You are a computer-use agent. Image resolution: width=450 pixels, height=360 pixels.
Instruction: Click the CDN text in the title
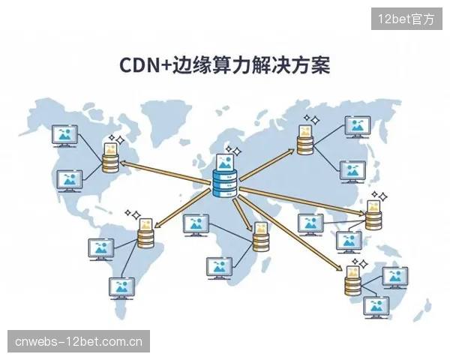(139, 65)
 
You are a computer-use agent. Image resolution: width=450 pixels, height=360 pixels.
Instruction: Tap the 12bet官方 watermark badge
(406, 19)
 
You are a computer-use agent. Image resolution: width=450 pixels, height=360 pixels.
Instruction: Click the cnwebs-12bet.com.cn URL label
(79, 341)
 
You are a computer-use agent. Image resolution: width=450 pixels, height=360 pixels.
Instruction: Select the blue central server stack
(225, 183)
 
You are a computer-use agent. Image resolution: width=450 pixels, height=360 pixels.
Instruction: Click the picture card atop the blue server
(225, 162)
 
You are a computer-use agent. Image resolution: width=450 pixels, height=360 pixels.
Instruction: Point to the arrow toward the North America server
(166, 172)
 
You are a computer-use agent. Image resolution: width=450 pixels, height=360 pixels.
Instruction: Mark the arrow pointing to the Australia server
(290, 233)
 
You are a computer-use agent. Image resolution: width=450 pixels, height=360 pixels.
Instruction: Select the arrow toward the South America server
(182, 208)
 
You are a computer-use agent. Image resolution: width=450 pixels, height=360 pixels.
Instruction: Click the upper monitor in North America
(64, 136)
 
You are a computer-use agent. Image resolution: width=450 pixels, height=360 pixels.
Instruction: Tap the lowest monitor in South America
(121, 289)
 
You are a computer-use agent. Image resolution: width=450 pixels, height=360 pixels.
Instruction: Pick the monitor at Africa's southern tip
(219, 268)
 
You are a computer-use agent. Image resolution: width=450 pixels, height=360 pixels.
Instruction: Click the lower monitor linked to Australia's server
(376, 307)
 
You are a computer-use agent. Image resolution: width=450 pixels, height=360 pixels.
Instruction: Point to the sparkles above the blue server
(233, 151)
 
